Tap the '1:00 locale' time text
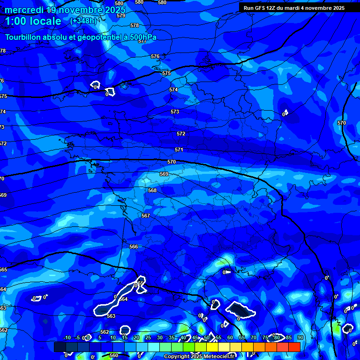(x=33, y=21)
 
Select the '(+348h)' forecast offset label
(x=84, y=21)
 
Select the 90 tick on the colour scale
(x=300, y=337)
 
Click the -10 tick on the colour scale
(x=67, y=337)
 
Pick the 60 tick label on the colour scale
(x=230, y=337)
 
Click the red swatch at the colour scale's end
(x=294, y=347)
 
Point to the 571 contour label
(x=179, y=150)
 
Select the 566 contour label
(x=134, y=247)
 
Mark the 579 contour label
(x=121, y=15)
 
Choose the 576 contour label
(x=155, y=56)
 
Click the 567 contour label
(x=146, y=216)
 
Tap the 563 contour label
(x=111, y=316)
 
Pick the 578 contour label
(x=135, y=25)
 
